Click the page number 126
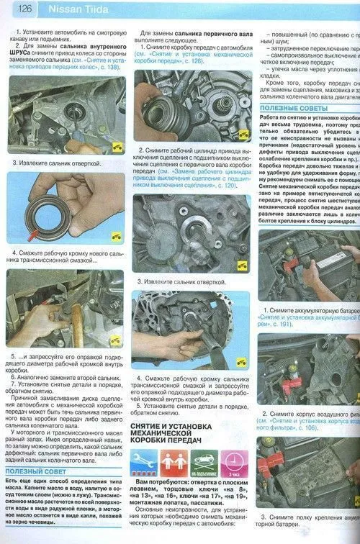(x=23, y=9)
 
